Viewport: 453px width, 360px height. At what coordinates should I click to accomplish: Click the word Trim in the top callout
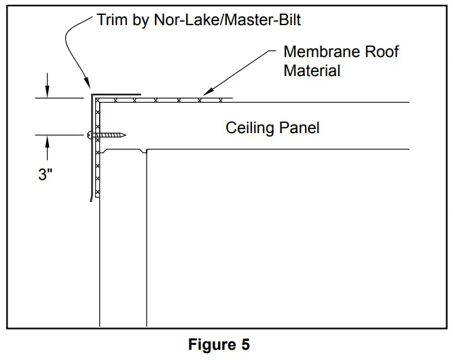coord(111,20)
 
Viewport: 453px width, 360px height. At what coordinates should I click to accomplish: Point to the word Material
coord(312,70)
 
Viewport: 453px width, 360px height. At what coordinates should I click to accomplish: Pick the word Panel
coord(299,128)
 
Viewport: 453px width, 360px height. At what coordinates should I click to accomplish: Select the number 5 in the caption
coord(244,344)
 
